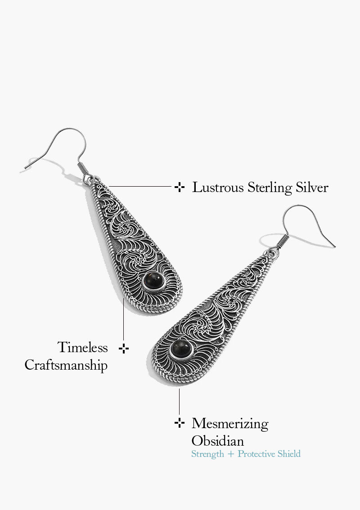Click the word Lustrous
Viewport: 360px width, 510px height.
(218, 188)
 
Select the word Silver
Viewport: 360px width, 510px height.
(312, 188)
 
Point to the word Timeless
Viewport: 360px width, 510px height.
(83, 347)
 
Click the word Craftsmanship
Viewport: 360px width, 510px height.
(66, 365)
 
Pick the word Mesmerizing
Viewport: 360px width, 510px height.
(230, 424)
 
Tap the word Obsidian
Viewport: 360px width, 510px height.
(217, 441)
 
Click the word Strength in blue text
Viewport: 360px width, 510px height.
(207, 454)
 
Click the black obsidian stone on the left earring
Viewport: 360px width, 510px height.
(153, 281)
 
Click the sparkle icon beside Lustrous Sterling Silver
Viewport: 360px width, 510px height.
(180, 187)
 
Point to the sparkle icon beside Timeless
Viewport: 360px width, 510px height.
(124, 349)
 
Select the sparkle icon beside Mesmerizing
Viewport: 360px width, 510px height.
(180, 423)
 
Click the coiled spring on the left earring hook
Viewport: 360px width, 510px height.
(83, 169)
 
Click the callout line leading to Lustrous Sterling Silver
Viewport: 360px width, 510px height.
(140, 186)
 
